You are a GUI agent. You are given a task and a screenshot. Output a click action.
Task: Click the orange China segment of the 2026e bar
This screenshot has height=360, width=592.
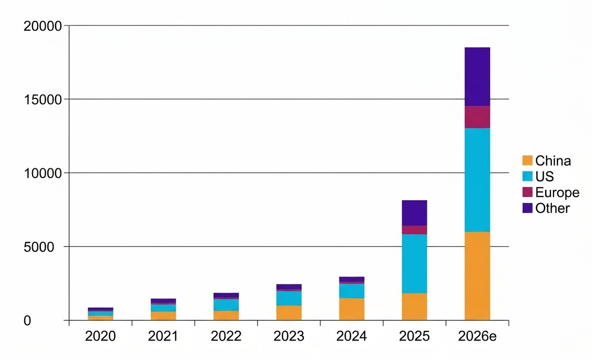tap(477, 276)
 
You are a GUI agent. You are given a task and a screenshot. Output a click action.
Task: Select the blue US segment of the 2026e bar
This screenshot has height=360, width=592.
tap(477, 180)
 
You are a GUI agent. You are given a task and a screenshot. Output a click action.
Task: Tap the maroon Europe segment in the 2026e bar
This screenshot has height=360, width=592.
tap(477, 117)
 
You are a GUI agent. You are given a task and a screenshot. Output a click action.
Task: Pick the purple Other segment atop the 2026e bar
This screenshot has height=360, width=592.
tap(477, 76)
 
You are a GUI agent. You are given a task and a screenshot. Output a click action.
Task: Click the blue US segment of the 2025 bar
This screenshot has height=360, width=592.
tap(414, 264)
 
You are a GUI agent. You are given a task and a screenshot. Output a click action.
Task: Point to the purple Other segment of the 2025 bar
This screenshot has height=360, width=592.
tap(414, 213)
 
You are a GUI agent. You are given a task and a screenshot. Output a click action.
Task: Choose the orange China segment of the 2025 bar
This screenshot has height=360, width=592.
tap(414, 307)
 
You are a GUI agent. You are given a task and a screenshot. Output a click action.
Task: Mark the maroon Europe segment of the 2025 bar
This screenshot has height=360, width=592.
tap(414, 230)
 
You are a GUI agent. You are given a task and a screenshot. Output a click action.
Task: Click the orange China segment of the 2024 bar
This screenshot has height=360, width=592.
tap(352, 309)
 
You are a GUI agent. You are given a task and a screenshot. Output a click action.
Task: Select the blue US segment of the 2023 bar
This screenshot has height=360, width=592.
tap(289, 298)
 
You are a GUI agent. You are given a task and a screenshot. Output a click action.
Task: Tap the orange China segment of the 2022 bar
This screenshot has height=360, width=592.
tap(226, 315)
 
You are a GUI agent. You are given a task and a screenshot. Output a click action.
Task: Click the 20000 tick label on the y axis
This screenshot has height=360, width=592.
tap(43, 27)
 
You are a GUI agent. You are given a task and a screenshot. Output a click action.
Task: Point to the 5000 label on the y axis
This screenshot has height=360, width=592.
tap(39, 247)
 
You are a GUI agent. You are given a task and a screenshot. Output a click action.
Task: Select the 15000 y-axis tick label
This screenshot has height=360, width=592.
tap(43, 100)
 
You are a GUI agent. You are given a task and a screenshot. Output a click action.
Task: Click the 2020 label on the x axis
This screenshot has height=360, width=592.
tap(100, 336)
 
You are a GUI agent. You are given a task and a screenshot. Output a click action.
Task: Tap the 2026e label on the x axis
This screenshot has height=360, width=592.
tap(477, 336)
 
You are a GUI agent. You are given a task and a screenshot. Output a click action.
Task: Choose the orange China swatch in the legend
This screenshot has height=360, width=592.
tap(527, 161)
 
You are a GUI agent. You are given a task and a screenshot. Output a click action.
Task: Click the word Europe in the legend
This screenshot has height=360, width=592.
tap(557, 193)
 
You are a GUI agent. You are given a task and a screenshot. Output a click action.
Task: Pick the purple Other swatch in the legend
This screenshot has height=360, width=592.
tap(527, 208)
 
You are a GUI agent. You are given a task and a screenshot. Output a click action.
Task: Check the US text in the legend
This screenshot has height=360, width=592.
tap(544, 176)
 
